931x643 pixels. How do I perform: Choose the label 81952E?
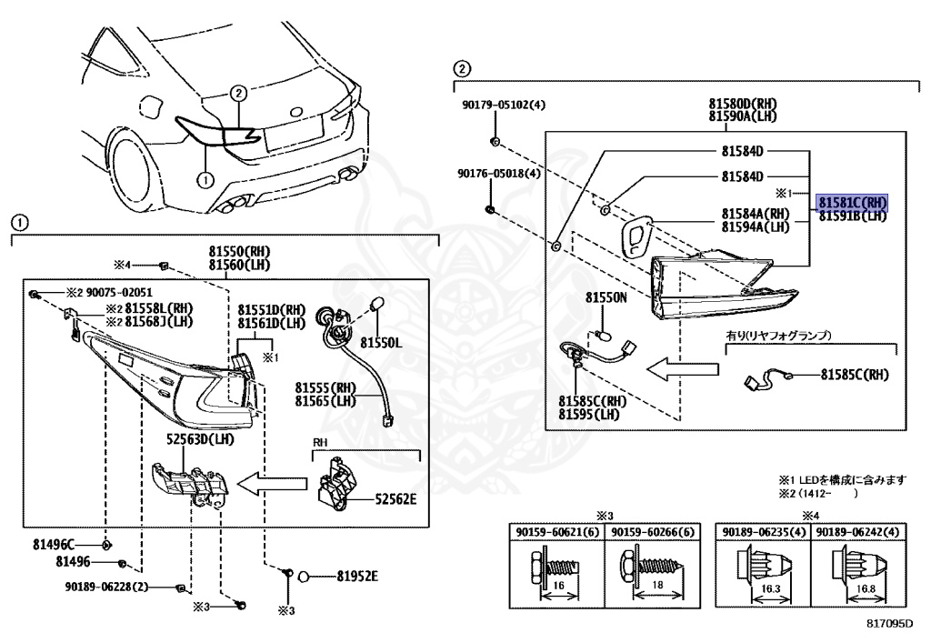(x=356, y=576)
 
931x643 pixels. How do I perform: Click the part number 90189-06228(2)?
(x=106, y=587)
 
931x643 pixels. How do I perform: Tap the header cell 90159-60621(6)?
(x=554, y=531)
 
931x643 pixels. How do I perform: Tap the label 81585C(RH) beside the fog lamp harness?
(x=854, y=374)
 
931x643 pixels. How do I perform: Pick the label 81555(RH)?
(x=325, y=387)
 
